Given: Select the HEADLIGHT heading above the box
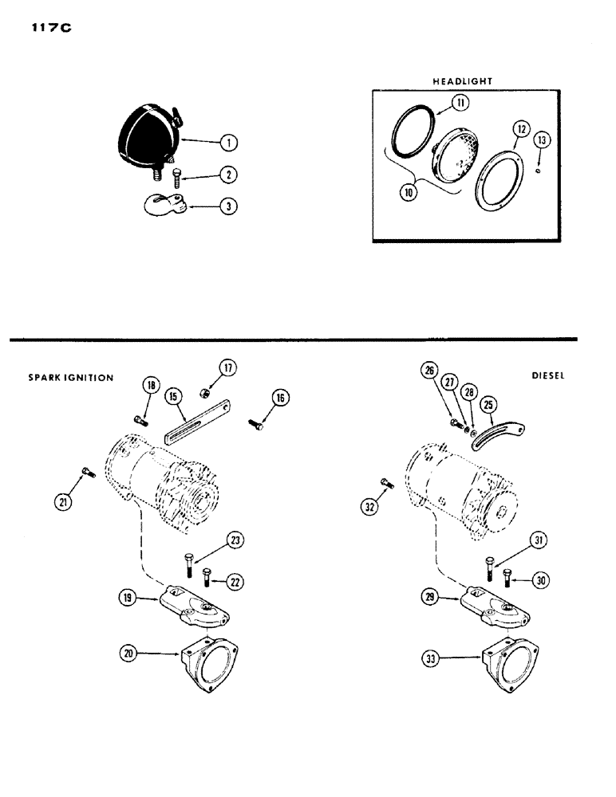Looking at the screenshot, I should point(463,81).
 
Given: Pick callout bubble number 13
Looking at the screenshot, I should point(542,139).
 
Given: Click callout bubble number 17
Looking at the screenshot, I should point(228,368).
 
